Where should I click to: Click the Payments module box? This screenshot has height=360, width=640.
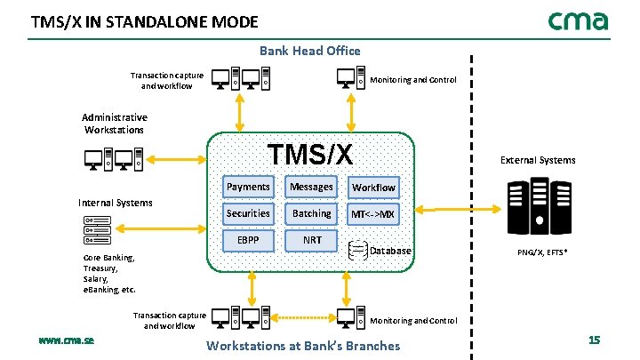tap(248, 187)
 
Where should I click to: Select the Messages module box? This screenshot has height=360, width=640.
tap(311, 187)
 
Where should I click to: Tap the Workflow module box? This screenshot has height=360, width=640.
tap(373, 188)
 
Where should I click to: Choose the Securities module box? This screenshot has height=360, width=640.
tap(248, 213)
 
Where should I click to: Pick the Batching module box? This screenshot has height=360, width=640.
tap(311, 213)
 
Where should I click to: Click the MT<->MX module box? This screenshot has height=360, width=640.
tap(373, 214)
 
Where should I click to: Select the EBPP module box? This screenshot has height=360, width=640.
tap(248, 240)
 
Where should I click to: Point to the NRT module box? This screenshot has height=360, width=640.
tap(311, 240)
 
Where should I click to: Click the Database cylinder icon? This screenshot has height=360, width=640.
tap(358, 250)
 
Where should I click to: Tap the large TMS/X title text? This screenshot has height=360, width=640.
tap(310, 154)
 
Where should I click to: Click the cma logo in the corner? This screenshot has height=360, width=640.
tap(578, 20)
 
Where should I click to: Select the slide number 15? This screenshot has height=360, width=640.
tap(594, 341)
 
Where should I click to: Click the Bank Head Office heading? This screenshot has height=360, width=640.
tap(309, 51)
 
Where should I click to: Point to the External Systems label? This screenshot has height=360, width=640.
tap(538, 160)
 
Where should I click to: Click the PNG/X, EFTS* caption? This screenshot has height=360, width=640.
tap(543, 252)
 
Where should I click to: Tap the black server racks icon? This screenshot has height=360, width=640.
tap(538, 208)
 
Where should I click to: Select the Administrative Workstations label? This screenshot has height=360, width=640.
tap(115, 124)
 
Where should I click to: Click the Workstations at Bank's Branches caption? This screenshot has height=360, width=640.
tap(303, 345)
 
